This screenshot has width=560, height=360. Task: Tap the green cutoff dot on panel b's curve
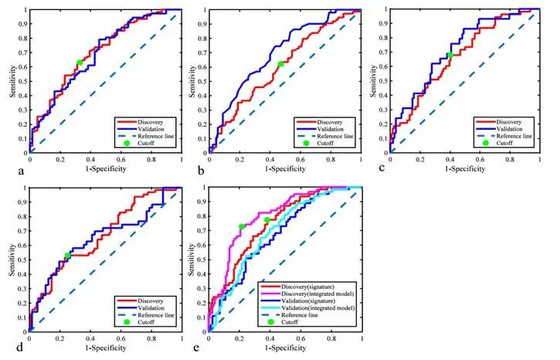point(280,64)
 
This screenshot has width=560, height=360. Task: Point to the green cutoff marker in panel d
point(68,256)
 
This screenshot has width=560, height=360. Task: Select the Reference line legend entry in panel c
point(503,135)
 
